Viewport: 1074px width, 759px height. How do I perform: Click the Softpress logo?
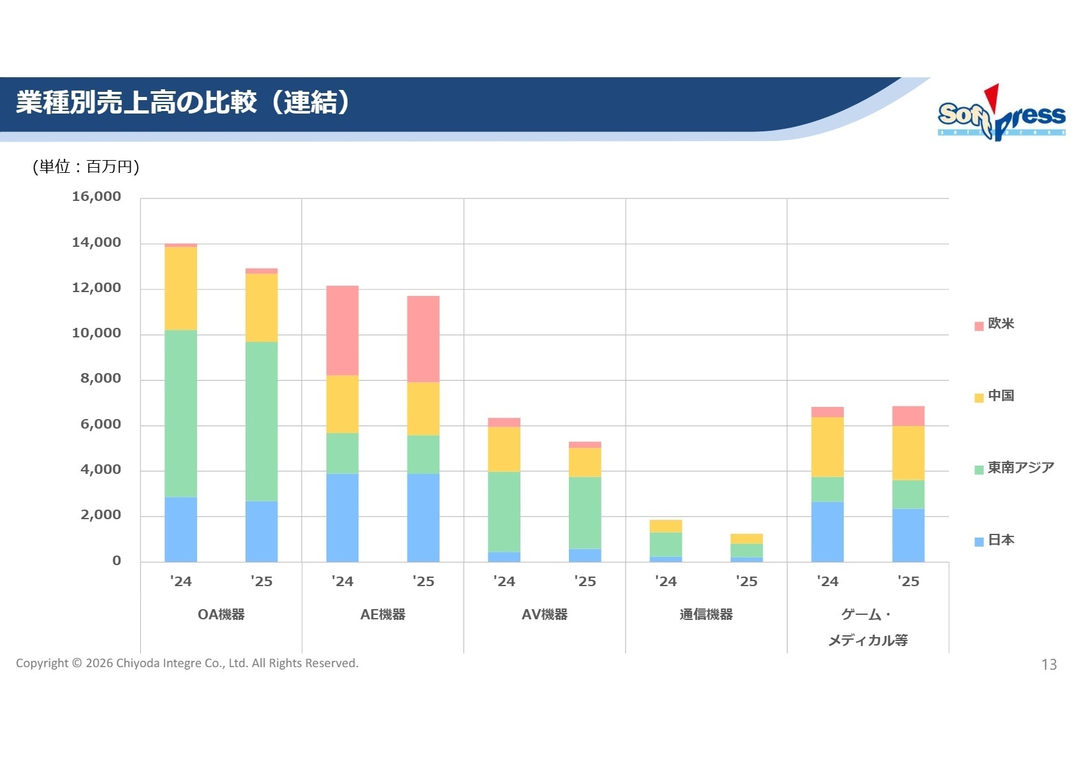click(1001, 114)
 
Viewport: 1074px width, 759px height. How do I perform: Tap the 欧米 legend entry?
click(994, 324)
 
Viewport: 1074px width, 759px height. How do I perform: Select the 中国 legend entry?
click(994, 396)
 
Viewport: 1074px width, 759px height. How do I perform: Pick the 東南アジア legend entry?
click(1014, 468)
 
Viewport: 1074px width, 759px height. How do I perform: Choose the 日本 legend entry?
click(994, 540)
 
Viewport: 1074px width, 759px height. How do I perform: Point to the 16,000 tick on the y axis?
click(96, 196)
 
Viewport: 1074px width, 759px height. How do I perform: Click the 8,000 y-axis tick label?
click(100, 379)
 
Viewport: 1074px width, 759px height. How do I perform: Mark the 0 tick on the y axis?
click(116, 561)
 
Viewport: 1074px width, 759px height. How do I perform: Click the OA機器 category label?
click(221, 614)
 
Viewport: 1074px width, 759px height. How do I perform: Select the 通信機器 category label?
click(706, 614)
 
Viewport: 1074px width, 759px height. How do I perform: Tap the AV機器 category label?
click(544, 614)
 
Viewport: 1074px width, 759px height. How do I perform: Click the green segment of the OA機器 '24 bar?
click(180, 413)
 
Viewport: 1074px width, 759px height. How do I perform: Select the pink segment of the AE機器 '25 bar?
click(423, 339)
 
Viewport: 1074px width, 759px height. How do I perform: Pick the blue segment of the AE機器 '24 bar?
click(342, 517)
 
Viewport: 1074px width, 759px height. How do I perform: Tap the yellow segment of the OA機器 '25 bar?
click(261, 307)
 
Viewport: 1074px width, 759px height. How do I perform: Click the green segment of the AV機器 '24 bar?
click(504, 512)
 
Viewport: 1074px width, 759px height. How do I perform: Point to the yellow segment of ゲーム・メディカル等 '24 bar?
click(827, 446)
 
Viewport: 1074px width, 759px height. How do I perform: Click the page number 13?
click(1048, 665)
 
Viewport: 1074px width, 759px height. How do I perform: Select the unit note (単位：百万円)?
click(86, 166)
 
